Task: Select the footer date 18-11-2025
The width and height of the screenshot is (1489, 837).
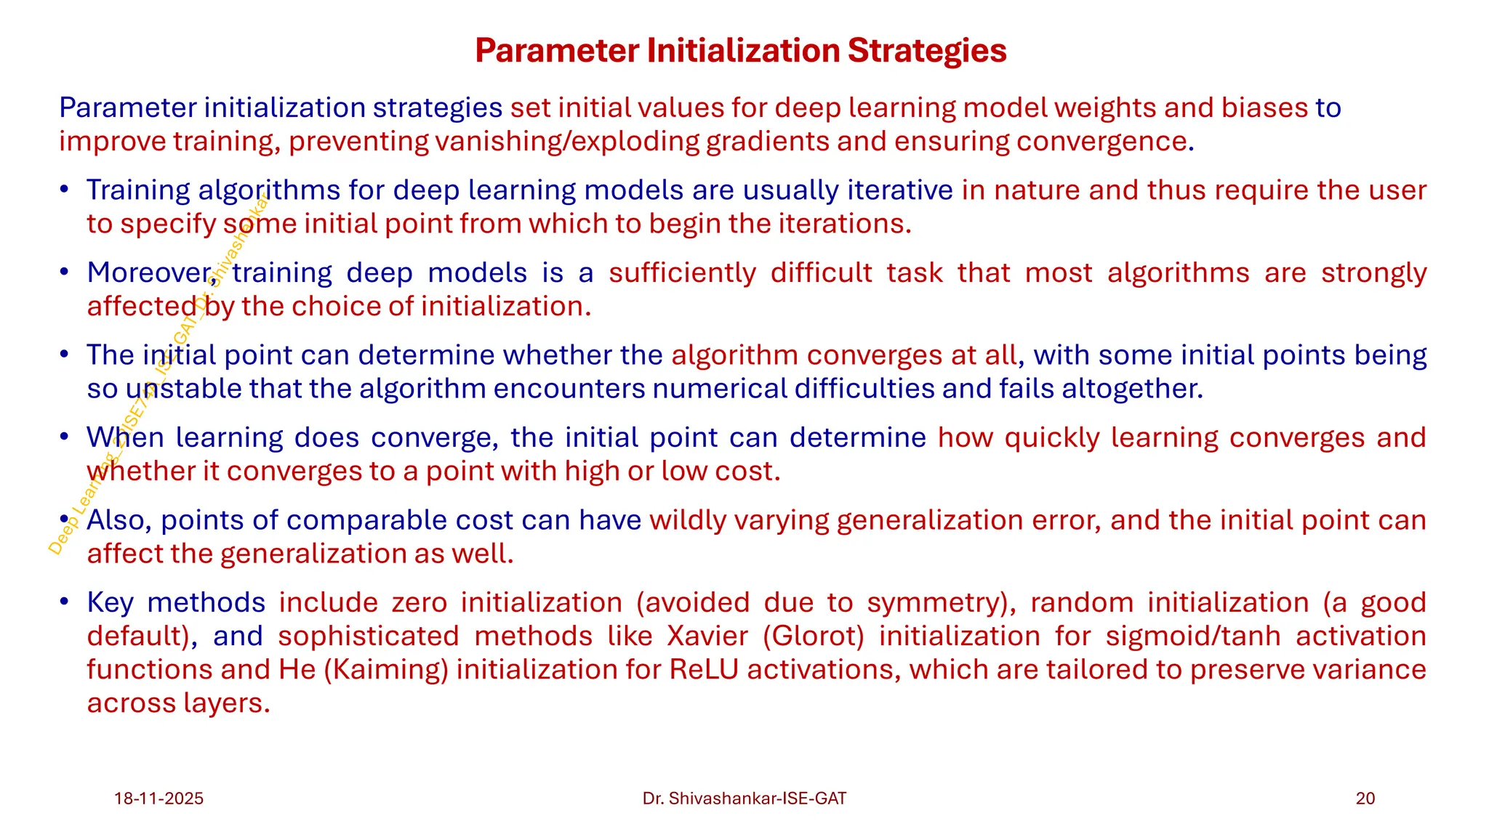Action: pyautogui.click(x=158, y=798)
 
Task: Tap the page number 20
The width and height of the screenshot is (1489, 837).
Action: pyautogui.click(x=1365, y=798)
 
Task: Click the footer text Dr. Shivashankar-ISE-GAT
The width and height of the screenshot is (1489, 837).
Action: pyautogui.click(x=744, y=798)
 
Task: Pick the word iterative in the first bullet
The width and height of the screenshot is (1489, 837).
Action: pyautogui.click(x=900, y=190)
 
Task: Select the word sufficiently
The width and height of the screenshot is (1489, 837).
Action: pyautogui.click(x=682, y=272)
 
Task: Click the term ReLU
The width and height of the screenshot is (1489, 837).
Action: pyautogui.click(x=704, y=669)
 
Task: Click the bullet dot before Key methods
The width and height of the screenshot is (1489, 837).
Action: pyautogui.click(x=65, y=602)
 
